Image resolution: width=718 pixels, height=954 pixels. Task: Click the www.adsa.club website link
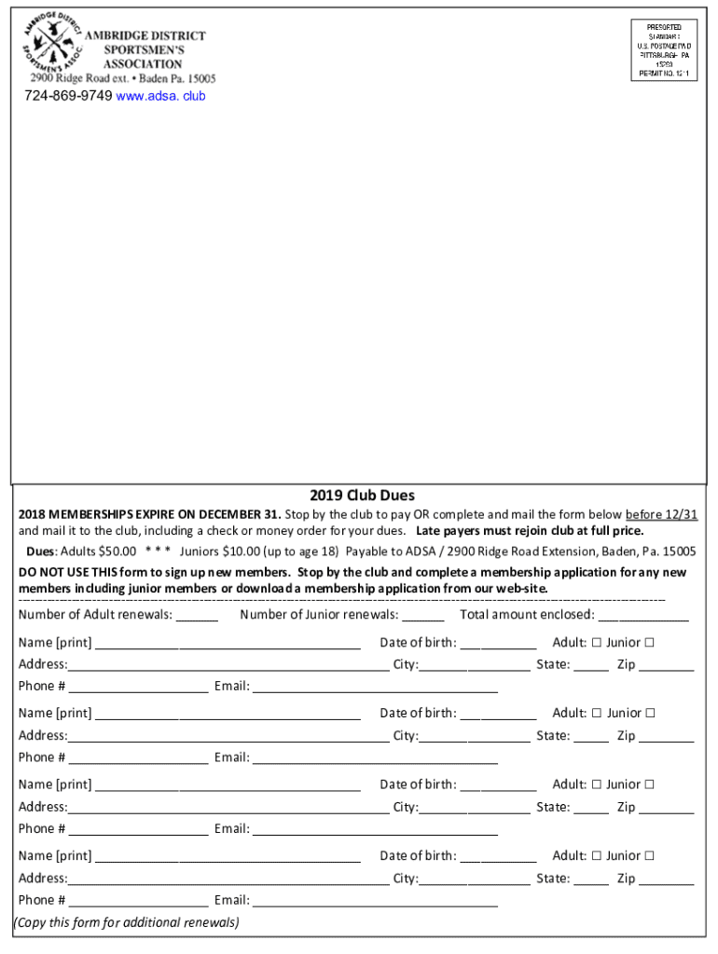(160, 96)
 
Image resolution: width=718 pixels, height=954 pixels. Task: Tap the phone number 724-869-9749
(68, 96)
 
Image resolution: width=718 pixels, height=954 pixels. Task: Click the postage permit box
(664, 50)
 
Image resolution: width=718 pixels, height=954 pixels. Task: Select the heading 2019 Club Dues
(362, 496)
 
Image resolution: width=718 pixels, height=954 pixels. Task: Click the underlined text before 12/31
(661, 514)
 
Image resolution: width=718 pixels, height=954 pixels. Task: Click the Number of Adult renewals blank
(197, 616)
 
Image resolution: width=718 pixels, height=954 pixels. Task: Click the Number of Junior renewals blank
(423, 616)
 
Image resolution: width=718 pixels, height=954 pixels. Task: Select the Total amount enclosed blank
(643, 616)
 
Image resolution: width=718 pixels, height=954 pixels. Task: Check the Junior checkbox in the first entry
(649, 642)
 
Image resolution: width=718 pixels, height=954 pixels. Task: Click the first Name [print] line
(228, 644)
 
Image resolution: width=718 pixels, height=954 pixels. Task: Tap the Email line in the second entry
(375, 758)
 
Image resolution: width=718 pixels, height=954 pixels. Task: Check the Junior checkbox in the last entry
(649, 855)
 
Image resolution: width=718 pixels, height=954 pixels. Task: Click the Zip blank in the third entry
(666, 809)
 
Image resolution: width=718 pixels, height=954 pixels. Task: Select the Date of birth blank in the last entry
(498, 857)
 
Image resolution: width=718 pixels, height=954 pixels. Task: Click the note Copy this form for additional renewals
(126, 922)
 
